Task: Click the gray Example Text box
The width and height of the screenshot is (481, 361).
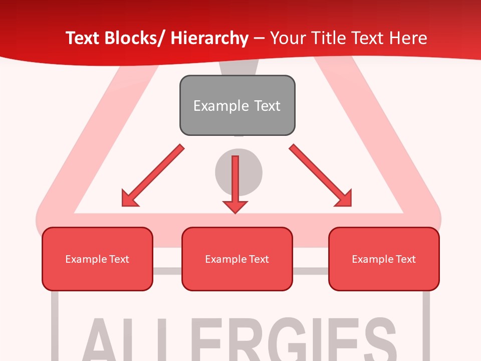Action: [237, 105]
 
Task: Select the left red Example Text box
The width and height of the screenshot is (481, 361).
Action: [97, 259]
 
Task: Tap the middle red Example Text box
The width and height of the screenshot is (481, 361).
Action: [237, 259]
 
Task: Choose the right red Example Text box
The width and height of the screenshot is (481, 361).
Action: [384, 259]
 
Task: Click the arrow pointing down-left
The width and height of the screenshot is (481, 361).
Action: [153, 176]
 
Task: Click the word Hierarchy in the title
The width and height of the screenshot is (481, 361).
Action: [209, 38]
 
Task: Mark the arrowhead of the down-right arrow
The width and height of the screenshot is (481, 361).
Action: [345, 199]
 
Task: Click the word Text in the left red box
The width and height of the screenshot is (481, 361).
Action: [119, 259]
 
